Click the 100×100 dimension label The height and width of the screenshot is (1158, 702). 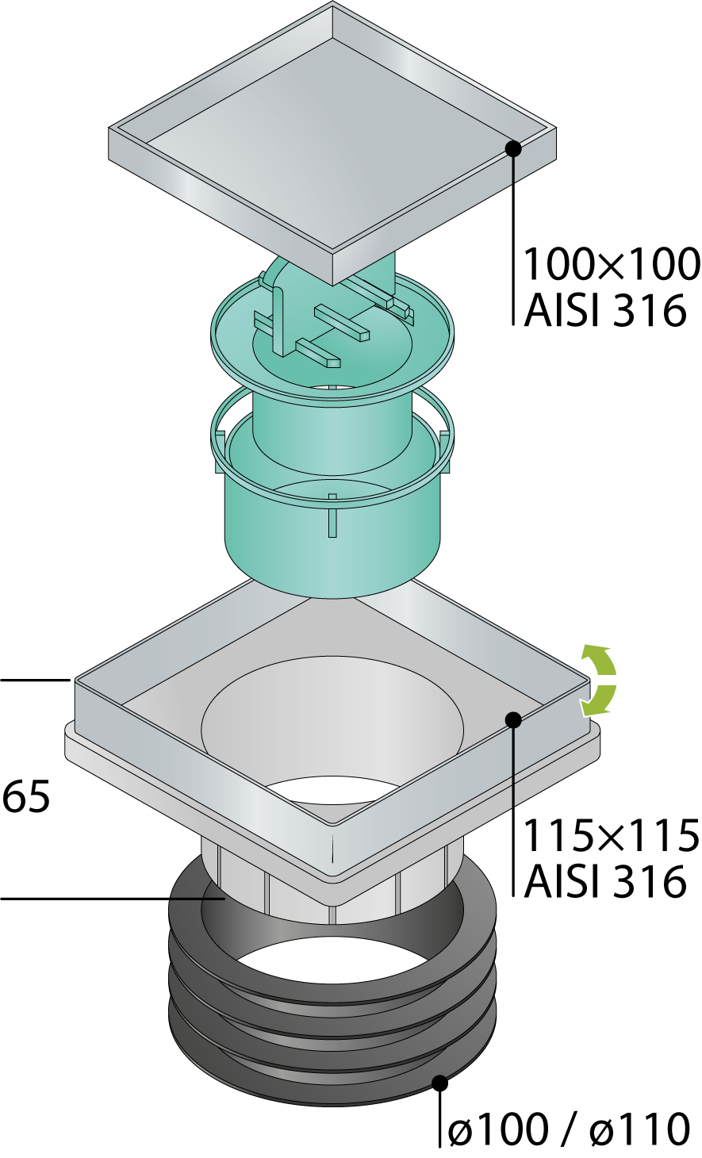click(x=612, y=264)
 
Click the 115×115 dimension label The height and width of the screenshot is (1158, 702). click(x=612, y=835)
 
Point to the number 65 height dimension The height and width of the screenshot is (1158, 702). click(x=26, y=796)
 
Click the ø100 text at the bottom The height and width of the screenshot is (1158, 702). click(x=497, y=1130)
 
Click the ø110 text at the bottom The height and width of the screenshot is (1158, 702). click(x=640, y=1130)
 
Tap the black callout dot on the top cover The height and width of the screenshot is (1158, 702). click(x=512, y=149)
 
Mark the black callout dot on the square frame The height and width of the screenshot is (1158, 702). click(x=512, y=720)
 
